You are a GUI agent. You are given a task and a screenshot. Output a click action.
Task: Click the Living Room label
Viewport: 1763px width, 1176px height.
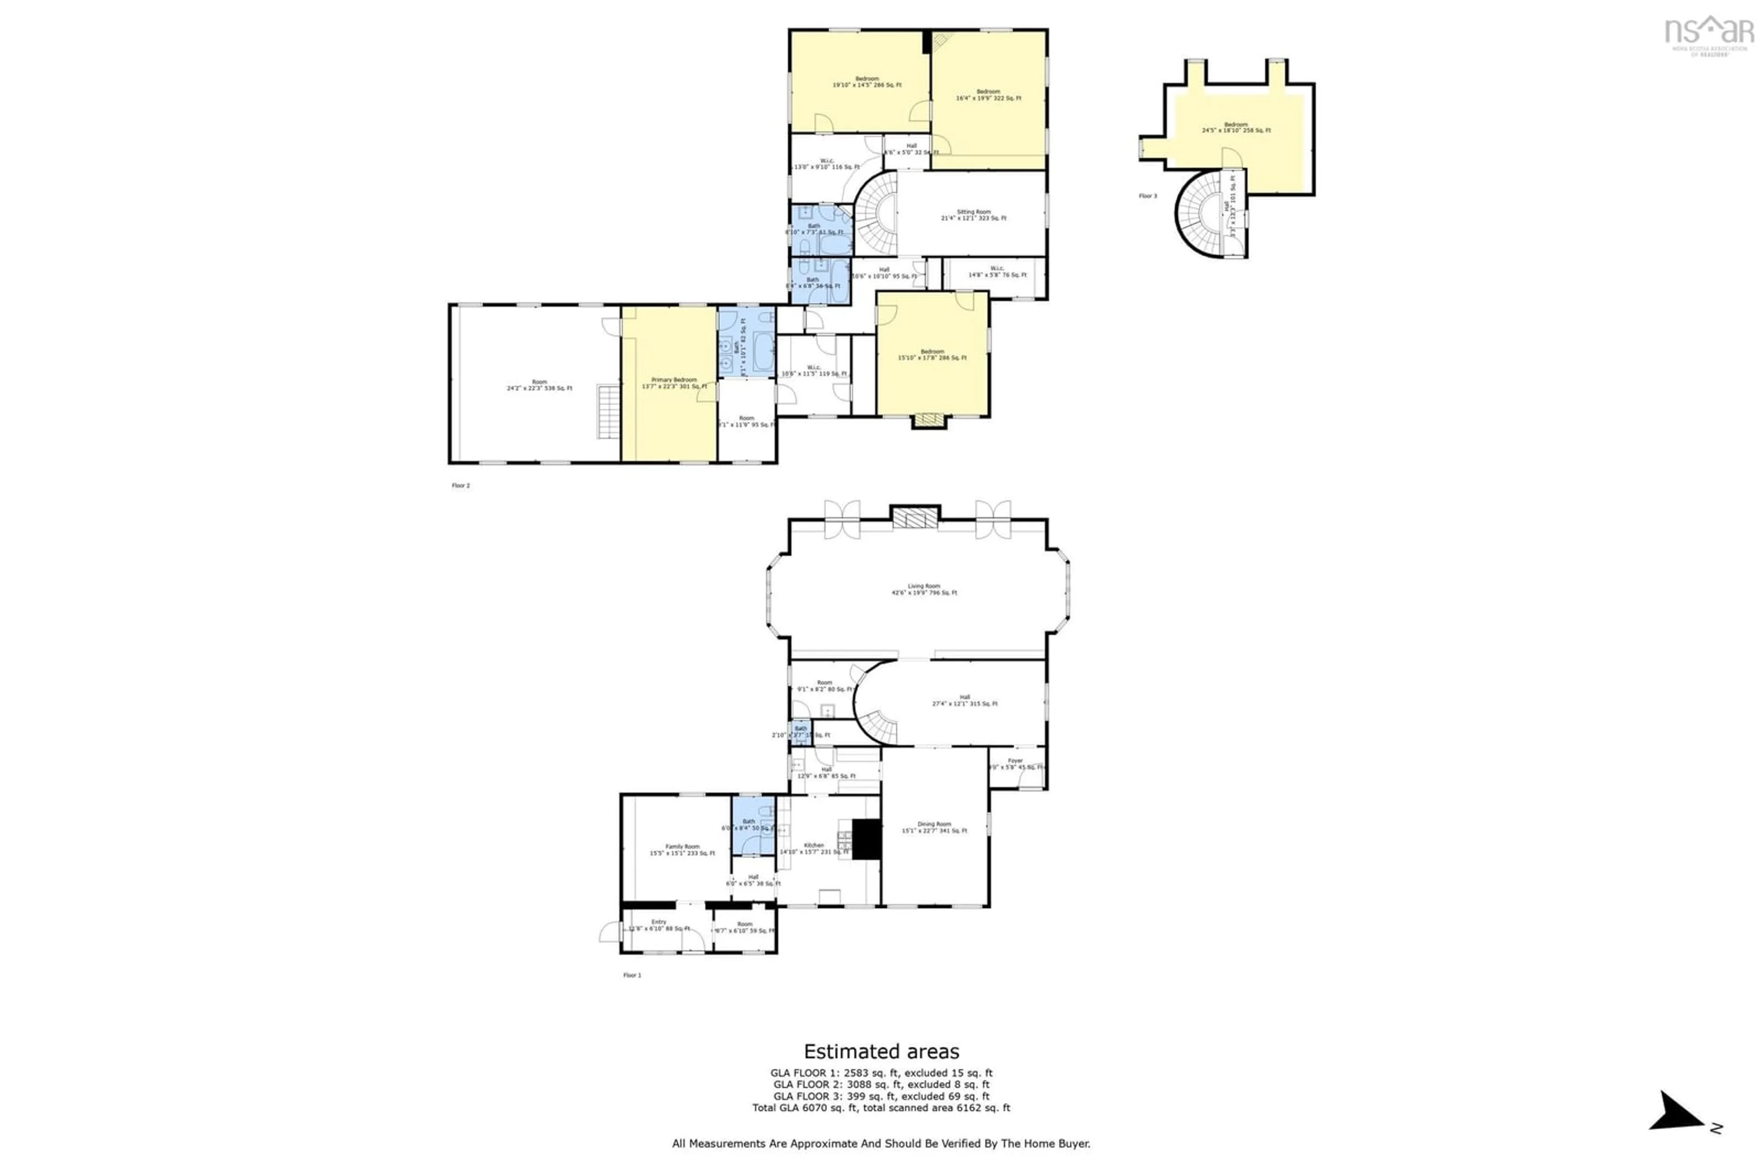pyautogui.click(x=923, y=590)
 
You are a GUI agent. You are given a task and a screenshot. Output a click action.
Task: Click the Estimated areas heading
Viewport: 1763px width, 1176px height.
pyautogui.click(x=881, y=1052)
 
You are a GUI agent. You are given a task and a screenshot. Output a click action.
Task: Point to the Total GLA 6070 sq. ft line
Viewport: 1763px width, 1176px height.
pyautogui.click(x=881, y=1108)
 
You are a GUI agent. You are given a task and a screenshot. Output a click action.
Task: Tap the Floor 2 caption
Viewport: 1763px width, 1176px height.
pyautogui.click(x=460, y=486)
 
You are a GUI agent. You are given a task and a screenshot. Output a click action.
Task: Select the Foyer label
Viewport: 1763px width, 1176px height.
pyautogui.click(x=1016, y=764)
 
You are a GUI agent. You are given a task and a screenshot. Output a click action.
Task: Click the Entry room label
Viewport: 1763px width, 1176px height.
pyautogui.click(x=658, y=925)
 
